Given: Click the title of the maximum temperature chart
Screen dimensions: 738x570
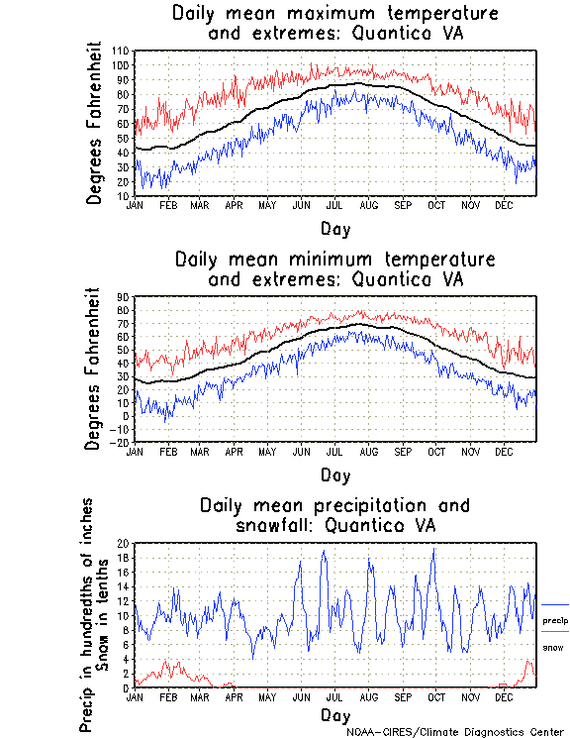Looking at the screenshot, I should [334, 24].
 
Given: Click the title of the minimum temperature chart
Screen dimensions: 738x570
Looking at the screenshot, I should [334, 269].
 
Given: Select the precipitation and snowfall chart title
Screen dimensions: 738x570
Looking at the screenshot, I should [334, 515].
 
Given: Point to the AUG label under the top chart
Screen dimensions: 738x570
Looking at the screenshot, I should [368, 203].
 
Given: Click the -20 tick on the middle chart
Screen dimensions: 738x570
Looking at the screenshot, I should [121, 443].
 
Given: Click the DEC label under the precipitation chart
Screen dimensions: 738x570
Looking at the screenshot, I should [505, 696].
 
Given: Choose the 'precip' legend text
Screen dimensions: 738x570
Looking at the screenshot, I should [555, 620].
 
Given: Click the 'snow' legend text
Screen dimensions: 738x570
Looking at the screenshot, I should [553, 647].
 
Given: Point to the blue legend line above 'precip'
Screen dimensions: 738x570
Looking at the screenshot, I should [555, 604].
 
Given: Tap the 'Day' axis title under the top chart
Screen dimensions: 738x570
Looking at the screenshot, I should [334, 228].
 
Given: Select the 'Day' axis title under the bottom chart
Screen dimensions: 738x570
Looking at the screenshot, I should [334, 714].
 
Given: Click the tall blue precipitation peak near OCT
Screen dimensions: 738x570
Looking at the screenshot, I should [433, 551].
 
